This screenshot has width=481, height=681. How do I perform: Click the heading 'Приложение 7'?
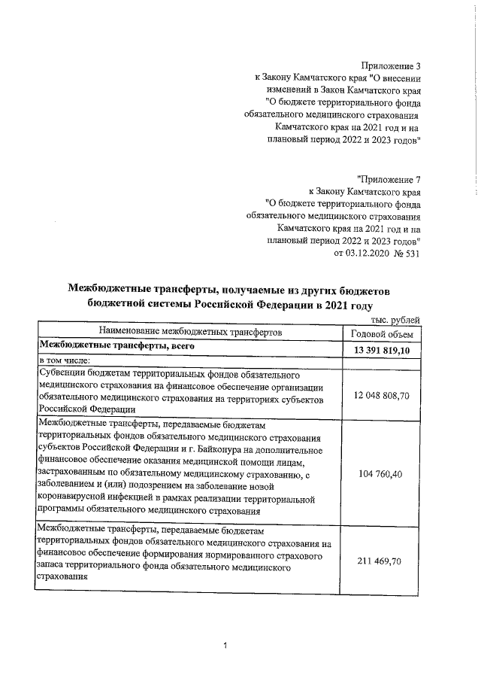tap(389, 180)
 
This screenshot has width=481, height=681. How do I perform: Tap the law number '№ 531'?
tap(405, 253)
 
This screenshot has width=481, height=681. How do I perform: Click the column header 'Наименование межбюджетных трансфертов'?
tap(189, 332)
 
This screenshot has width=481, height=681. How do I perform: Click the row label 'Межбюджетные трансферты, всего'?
tap(117, 346)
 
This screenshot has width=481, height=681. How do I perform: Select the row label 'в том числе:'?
tap(64, 361)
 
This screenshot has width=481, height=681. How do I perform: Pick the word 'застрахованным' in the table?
tap(74, 474)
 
